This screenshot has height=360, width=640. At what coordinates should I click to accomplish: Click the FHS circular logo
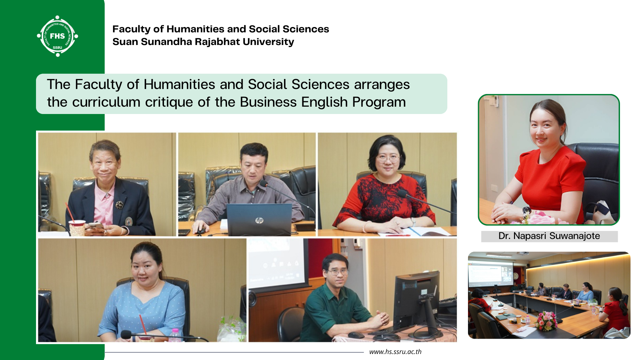[57, 36]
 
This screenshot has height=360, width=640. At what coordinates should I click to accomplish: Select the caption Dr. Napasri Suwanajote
[549, 236]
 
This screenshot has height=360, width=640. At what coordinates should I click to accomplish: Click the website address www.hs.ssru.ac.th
[395, 352]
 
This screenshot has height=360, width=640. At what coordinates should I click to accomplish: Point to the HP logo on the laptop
[259, 220]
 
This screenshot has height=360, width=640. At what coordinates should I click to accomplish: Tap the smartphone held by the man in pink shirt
[96, 226]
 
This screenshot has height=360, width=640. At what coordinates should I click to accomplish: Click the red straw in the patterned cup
[70, 212]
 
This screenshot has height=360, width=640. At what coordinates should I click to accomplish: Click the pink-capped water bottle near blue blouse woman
[175, 335]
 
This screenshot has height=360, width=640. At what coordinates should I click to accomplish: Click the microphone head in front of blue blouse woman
[126, 334]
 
